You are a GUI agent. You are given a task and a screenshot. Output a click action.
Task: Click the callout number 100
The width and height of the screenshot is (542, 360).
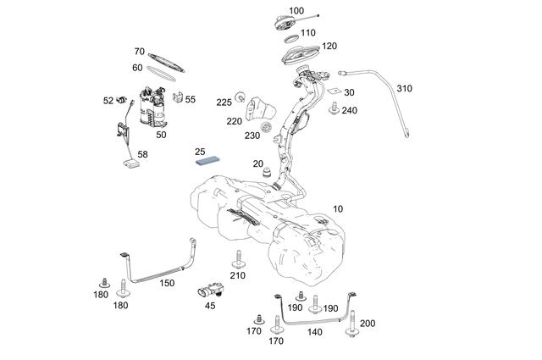(296, 11)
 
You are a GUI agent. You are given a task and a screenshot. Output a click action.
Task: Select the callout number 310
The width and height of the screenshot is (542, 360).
(404, 88)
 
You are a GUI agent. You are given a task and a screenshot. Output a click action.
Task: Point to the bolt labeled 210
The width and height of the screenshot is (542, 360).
(239, 258)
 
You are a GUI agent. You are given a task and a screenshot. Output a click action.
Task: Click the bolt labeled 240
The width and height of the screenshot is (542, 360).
(334, 108)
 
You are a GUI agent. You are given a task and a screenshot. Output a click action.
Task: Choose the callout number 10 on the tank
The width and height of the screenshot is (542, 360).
(338, 208)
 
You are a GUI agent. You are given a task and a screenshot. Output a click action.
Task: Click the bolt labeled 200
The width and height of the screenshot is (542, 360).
(350, 337)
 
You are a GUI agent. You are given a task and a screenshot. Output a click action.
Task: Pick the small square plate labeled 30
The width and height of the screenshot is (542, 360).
(335, 90)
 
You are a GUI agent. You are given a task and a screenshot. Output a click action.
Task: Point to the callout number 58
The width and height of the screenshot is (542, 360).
(142, 155)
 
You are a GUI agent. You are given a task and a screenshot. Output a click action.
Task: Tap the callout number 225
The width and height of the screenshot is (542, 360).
(224, 102)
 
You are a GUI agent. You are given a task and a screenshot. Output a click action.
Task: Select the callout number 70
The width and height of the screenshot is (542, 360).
(140, 52)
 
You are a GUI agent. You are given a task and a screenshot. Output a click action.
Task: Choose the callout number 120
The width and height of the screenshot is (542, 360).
(329, 46)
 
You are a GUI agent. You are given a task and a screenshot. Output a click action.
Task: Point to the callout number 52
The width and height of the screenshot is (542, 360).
(108, 100)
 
